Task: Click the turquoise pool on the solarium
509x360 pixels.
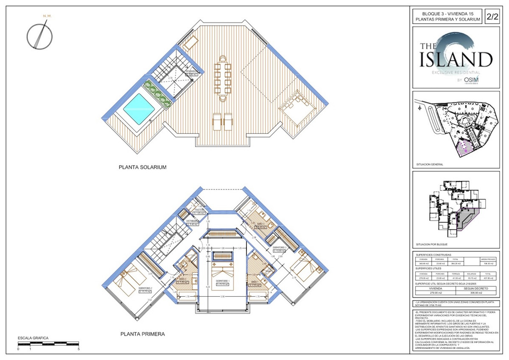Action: tap(137, 109)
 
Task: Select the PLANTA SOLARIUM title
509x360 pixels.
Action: tap(142, 168)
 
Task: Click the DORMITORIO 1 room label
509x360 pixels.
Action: tap(222, 282)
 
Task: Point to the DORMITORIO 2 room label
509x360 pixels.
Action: tap(145, 289)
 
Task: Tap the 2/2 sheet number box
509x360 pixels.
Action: tap(492, 17)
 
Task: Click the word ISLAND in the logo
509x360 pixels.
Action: tap(456, 60)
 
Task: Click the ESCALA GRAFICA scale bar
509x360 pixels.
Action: tap(48, 343)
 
